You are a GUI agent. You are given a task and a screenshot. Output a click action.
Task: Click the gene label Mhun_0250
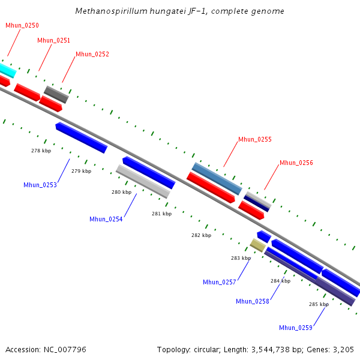point(22,25)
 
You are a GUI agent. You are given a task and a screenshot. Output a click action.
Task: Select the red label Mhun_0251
point(53,40)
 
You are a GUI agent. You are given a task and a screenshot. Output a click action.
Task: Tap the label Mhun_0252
point(92,54)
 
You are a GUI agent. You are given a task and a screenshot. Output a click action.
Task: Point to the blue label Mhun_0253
point(40,185)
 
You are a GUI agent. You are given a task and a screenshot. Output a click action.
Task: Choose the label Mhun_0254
point(106,219)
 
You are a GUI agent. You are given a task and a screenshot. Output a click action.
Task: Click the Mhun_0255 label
point(255,139)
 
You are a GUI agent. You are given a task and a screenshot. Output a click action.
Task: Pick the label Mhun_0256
point(296,163)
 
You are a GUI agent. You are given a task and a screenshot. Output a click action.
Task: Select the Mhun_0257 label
point(220,282)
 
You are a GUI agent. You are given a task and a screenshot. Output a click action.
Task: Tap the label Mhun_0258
point(253,301)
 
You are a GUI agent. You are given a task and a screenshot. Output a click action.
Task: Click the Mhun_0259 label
point(296,327)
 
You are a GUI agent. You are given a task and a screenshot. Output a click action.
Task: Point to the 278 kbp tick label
point(41,151)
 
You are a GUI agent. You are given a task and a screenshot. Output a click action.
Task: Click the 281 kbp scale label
point(161,214)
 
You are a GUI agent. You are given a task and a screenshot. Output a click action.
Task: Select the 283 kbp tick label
point(241,257)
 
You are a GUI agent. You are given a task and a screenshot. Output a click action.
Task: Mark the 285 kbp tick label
point(319,304)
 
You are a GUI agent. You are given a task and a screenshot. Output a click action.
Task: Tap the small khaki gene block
point(257,245)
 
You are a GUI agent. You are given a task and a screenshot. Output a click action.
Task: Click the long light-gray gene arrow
point(143,181)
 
